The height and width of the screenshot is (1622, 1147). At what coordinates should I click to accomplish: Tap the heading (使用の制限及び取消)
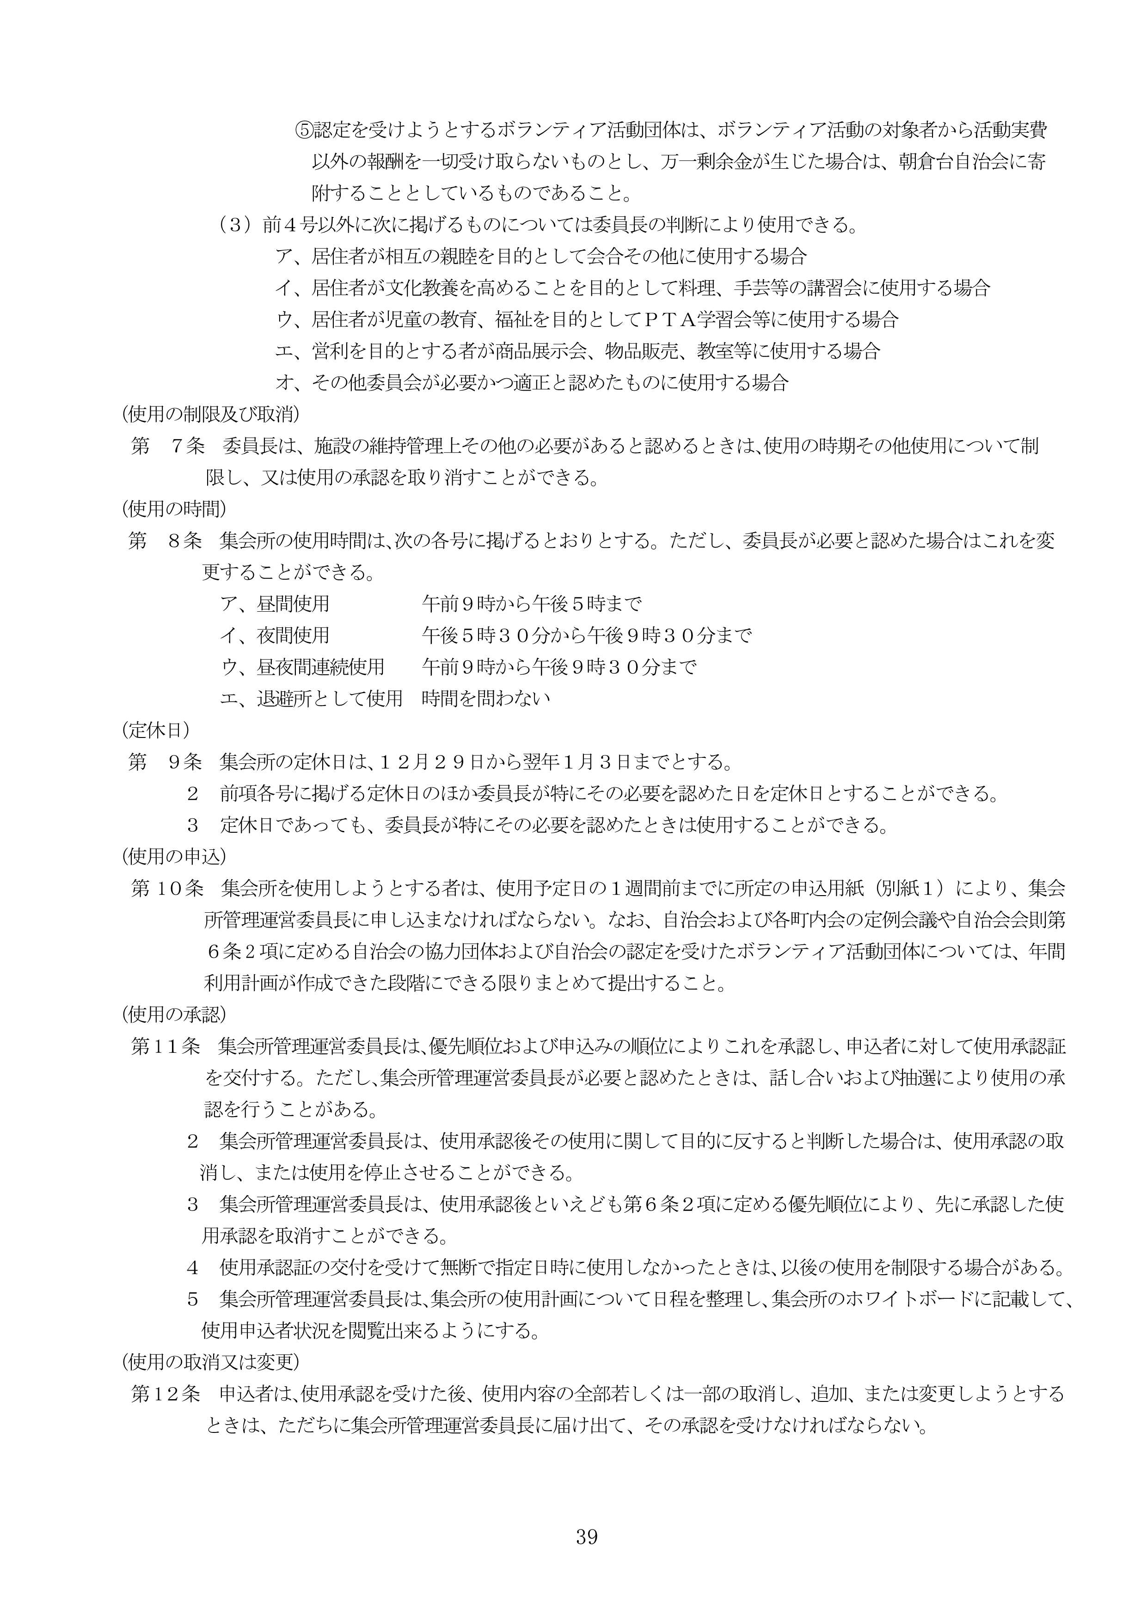pos(210,413)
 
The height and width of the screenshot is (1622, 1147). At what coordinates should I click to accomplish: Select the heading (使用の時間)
pos(174,508)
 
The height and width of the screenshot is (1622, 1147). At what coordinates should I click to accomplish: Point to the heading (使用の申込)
pos(174,856)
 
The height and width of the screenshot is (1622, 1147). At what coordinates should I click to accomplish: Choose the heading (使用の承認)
pos(174,1014)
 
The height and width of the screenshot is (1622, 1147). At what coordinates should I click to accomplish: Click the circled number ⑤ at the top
pos(303,130)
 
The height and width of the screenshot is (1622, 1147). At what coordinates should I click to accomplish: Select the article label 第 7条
pos(168,446)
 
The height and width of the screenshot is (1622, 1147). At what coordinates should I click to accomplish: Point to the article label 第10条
pos(167,889)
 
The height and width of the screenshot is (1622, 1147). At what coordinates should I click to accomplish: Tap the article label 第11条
pos(167,1046)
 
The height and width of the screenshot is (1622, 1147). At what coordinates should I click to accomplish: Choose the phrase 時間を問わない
pos(485,699)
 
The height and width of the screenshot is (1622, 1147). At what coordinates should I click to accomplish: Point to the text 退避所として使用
pos(330,699)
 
